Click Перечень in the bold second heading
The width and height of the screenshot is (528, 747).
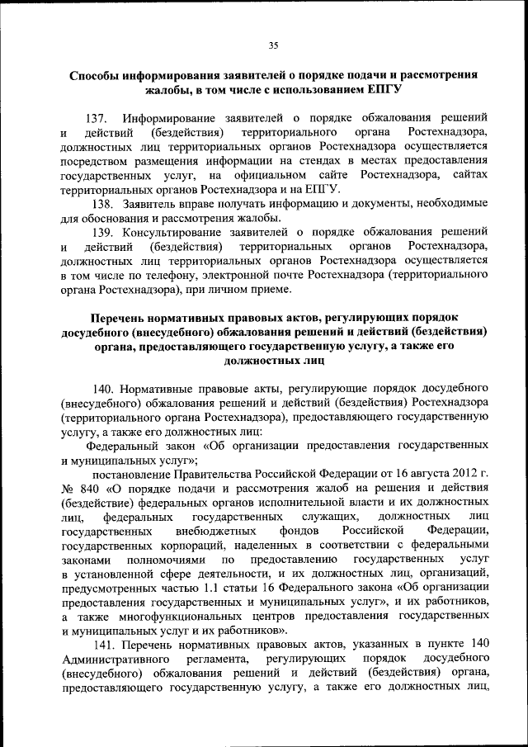[125, 318]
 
